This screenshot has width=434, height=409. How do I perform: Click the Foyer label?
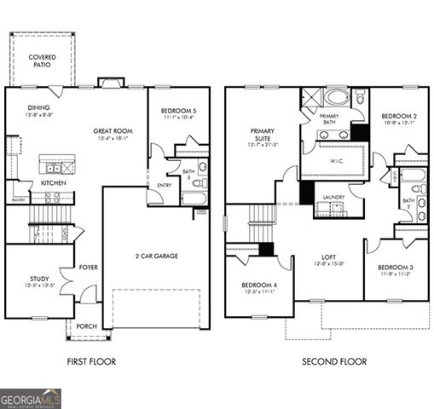coord(88,265)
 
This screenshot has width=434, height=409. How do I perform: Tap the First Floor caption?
coord(92,362)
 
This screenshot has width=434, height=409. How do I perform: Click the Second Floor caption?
coord(334,362)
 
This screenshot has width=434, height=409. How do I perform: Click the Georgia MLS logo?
coord(31,398)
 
